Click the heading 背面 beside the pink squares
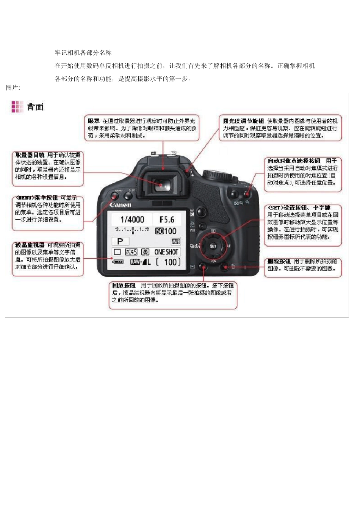pos(35,107)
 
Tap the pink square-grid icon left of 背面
pos(17,107)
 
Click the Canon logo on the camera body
pos(120,205)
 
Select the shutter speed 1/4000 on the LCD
pos(132,219)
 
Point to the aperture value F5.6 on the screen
pos(167,219)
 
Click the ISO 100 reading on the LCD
pos(166,231)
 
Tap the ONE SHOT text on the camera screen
pos(166,252)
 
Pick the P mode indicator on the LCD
pos(120,241)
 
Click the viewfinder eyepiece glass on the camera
pos(161,185)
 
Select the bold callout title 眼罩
pos(94,121)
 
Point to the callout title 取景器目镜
pos(30,155)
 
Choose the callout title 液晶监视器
pos(30,245)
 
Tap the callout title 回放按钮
pos(124,285)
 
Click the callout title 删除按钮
pos(279,261)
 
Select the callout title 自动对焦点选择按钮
pos(294,161)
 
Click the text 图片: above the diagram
pos(13,87)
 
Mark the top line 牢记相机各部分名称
pos(83,53)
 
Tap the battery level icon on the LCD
pos(118,262)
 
